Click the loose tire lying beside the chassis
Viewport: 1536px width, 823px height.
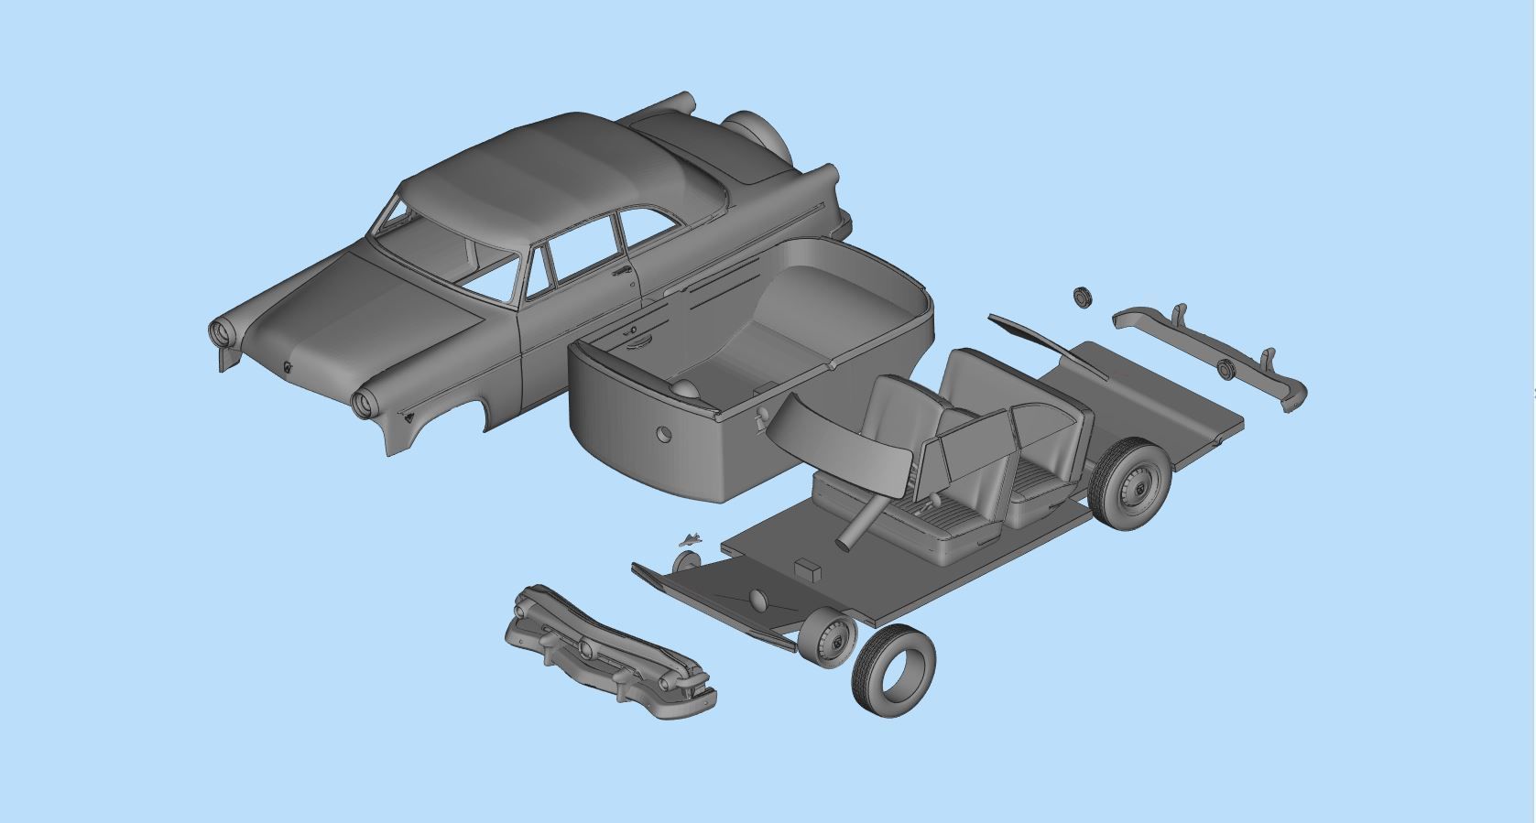[892, 671]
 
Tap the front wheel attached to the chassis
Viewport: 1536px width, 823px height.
[827, 637]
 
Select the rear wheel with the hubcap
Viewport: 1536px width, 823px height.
[1133, 484]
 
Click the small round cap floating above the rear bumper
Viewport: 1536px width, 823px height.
[1083, 297]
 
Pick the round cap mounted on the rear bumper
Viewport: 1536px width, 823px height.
[1226, 368]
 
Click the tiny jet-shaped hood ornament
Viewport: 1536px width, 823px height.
[690, 538]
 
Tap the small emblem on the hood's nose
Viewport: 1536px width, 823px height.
[288, 368]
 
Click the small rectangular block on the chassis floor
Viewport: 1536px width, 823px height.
[806, 569]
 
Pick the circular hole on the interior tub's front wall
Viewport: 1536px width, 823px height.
[663, 433]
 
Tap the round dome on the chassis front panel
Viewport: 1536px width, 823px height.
[757, 600]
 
